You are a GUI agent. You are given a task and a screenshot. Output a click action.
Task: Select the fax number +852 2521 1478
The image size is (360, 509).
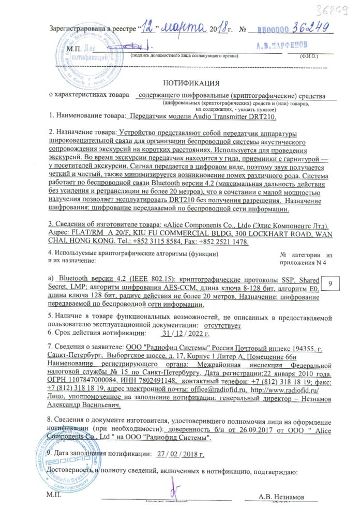click(219, 244)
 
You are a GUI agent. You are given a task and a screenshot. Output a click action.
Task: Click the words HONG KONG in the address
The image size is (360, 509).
click(88, 244)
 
